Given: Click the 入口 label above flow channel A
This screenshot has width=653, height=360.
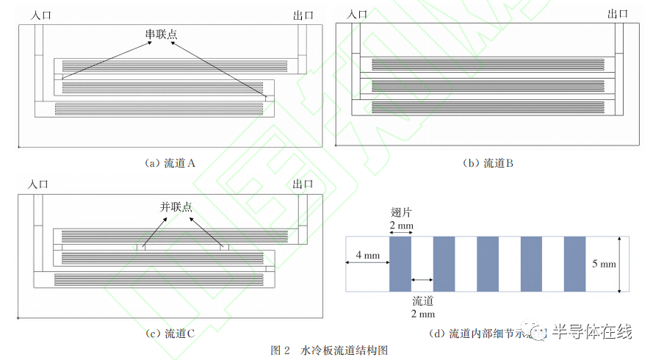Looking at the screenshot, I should click(39, 14).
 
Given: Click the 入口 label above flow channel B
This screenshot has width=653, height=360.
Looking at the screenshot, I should click(357, 14).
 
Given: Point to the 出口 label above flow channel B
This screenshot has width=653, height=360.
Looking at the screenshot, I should click(618, 13).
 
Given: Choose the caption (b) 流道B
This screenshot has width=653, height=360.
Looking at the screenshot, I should click(488, 163).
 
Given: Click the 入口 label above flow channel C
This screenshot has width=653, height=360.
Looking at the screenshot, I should click(39, 184).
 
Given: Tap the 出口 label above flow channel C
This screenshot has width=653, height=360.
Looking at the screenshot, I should click(303, 184).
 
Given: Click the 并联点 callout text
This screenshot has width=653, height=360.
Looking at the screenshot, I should click(176, 207).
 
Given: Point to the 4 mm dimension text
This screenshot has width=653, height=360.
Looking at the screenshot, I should click(367, 256).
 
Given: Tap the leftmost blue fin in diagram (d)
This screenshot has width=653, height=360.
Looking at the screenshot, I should click(400, 264).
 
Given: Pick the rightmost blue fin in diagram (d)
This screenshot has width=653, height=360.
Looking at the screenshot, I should click(574, 264).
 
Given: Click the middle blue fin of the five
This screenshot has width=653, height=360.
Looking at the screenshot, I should click(488, 264).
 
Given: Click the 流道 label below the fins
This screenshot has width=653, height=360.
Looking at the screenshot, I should click(422, 301).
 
